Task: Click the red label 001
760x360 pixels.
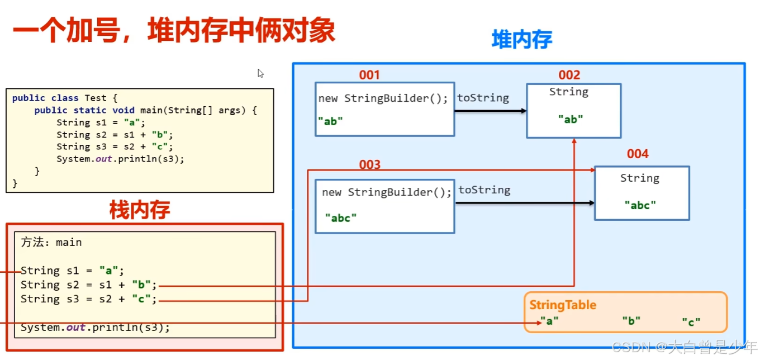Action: coord(369,75)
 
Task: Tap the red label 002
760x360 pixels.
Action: coord(569,75)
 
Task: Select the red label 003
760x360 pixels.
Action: coord(369,164)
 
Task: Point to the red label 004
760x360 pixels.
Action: coord(638,154)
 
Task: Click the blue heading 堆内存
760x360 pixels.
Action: coord(521,40)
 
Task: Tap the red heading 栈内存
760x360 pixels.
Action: coord(139,210)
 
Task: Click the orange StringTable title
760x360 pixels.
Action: coord(563,305)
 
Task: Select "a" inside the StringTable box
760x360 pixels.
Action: coord(549,321)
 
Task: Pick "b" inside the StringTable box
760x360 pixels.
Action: coord(631,321)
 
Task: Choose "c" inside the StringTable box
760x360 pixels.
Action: coord(691,322)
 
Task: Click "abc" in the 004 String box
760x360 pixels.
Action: coord(640,205)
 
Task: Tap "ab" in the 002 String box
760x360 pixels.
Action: coord(571,119)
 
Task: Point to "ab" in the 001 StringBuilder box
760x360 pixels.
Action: coord(330,120)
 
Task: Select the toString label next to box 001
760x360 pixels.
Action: coord(483,98)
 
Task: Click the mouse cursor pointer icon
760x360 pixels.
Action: coord(260,73)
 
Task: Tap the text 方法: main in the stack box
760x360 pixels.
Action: coord(51,242)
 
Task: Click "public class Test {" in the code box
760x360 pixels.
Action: coord(64,98)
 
